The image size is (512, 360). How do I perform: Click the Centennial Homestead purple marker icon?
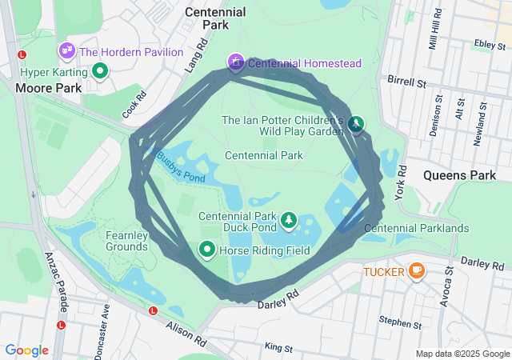(236, 62)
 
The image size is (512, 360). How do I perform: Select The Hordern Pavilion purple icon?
(66, 52)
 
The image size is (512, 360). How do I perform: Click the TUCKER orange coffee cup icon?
(416, 271)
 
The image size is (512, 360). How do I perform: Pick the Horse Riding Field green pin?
(207, 251)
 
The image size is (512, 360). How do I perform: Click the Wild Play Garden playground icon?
(356, 124)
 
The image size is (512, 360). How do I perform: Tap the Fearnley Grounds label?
(126, 241)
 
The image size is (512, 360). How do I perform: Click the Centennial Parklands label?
(416, 228)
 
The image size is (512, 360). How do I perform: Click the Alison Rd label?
(186, 334)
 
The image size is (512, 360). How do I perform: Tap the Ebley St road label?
(486, 44)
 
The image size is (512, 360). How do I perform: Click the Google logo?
(27, 350)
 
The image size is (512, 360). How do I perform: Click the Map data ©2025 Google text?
(462, 354)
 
